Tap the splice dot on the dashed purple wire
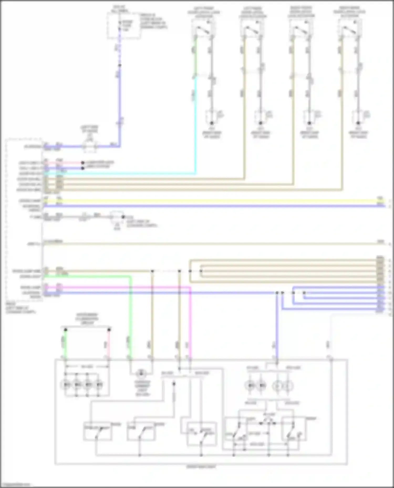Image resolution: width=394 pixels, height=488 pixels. [120, 65]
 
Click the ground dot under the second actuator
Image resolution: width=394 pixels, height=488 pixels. [261, 123]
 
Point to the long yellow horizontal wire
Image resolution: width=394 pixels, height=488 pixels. [210, 201]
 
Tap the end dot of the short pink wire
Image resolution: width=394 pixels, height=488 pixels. [83, 163]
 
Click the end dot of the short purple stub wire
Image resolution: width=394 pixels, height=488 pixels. [83, 168]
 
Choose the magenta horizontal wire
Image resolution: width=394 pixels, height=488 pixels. [118, 287]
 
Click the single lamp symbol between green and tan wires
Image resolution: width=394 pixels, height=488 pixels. [141, 373]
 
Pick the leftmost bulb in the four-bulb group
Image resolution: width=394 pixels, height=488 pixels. [65, 385]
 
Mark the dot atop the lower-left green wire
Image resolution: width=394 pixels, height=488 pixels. [65, 330]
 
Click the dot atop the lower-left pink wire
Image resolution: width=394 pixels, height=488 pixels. [109, 330]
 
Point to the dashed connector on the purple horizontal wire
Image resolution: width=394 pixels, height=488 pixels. [90, 146]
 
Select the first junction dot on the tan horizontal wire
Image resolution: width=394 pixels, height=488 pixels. [152, 271]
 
